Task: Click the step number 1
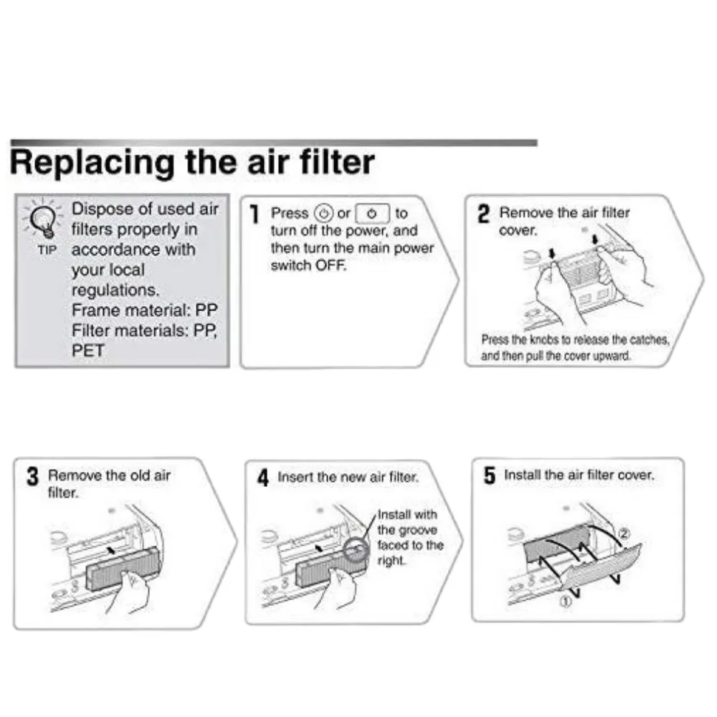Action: pyautogui.click(x=254, y=214)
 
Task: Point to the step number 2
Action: pyautogui.click(x=484, y=214)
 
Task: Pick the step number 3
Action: pyautogui.click(x=32, y=477)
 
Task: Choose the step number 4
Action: pyautogui.click(x=263, y=478)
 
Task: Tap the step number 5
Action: pyautogui.click(x=489, y=476)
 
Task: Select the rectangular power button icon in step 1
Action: pyautogui.click(x=372, y=214)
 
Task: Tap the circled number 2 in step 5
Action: pyautogui.click(x=624, y=533)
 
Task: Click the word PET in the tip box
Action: pyautogui.click(x=87, y=351)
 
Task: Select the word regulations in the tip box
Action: pyautogui.click(x=115, y=290)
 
